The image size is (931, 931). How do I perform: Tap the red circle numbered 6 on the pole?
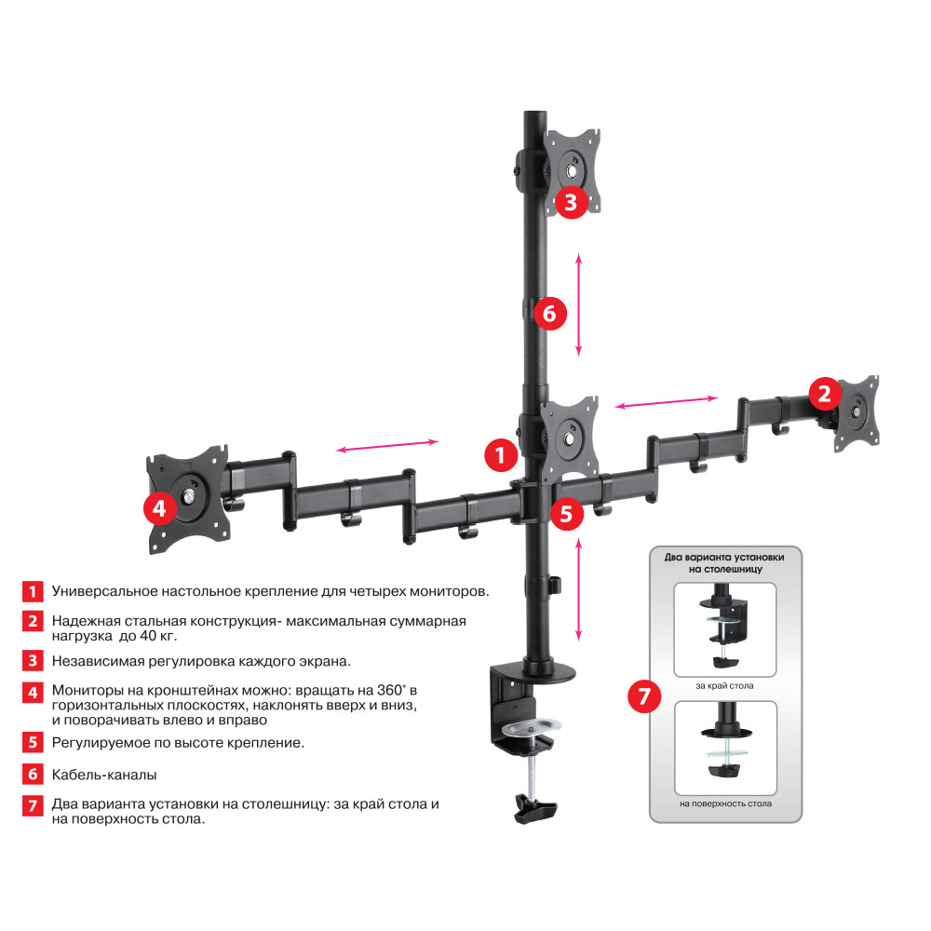click(x=549, y=315)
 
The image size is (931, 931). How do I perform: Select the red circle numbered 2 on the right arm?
click(x=825, y=394)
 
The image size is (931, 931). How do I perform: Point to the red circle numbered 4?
click(x=160, y=508)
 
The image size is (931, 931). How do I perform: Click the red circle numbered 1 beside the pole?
click(x=501, y=456)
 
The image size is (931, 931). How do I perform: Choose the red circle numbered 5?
click(x=567, y=512)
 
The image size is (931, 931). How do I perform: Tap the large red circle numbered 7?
click(x=645, y=697)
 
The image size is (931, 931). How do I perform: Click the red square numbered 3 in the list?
click(x=34, y=661)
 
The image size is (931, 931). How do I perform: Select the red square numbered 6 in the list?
click(x=34, y=775)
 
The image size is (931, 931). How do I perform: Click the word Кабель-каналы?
click(x=104, y=775)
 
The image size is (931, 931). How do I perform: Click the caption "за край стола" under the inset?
click(x=724, y=686)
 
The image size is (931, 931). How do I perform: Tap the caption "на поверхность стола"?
click(x=724, y=803)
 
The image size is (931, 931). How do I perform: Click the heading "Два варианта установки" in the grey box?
click(x=724, y=557)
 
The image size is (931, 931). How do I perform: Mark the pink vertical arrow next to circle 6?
click(x=578, y=304)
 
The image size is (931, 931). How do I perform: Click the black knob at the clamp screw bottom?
click(x=533, y=808)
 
